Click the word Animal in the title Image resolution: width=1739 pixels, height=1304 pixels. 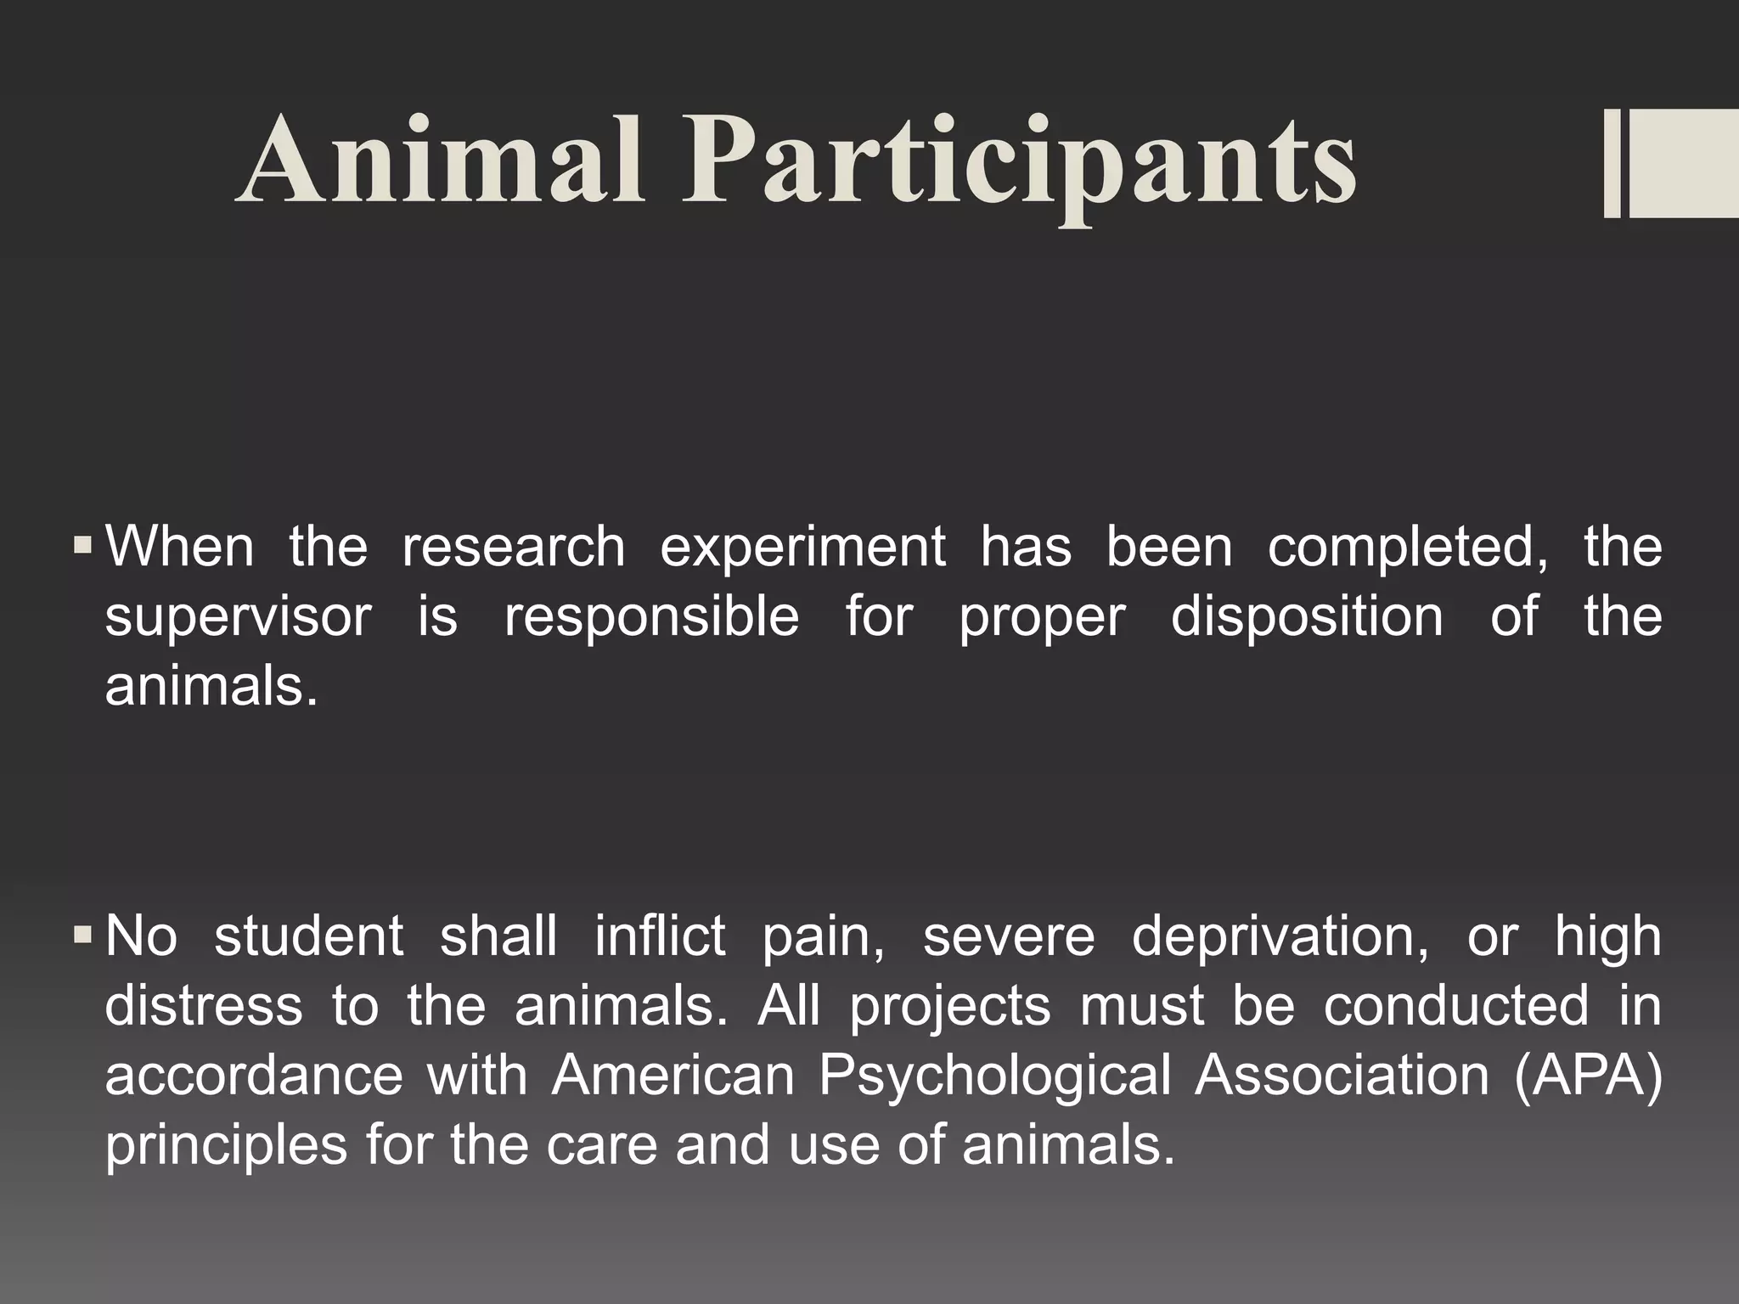pos(440,161)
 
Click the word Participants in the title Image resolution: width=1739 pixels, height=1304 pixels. pos(1019,166)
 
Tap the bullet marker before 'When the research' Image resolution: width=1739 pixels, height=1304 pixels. pos(82,543)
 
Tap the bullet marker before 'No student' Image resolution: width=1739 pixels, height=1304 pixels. pos(82,935)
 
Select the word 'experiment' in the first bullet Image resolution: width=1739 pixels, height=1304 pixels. pos(802,548)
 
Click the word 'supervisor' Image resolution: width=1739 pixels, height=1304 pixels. pos(238,617)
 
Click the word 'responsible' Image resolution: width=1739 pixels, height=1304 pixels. pos(651,617)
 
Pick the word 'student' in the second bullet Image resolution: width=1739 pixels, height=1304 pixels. pos(308,936)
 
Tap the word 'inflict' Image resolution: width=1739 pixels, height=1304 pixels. pos(660,936)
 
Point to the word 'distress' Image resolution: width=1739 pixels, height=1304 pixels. pos(203,1006)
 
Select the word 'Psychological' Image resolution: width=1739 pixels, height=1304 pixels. pos(994,1076)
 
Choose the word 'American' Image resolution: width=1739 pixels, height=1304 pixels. pos(673,1076)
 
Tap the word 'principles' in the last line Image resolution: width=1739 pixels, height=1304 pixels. pos(226,1146)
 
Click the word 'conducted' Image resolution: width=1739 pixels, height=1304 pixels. pos(1455,1006)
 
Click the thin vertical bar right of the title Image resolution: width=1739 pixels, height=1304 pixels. pos(1612,165)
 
